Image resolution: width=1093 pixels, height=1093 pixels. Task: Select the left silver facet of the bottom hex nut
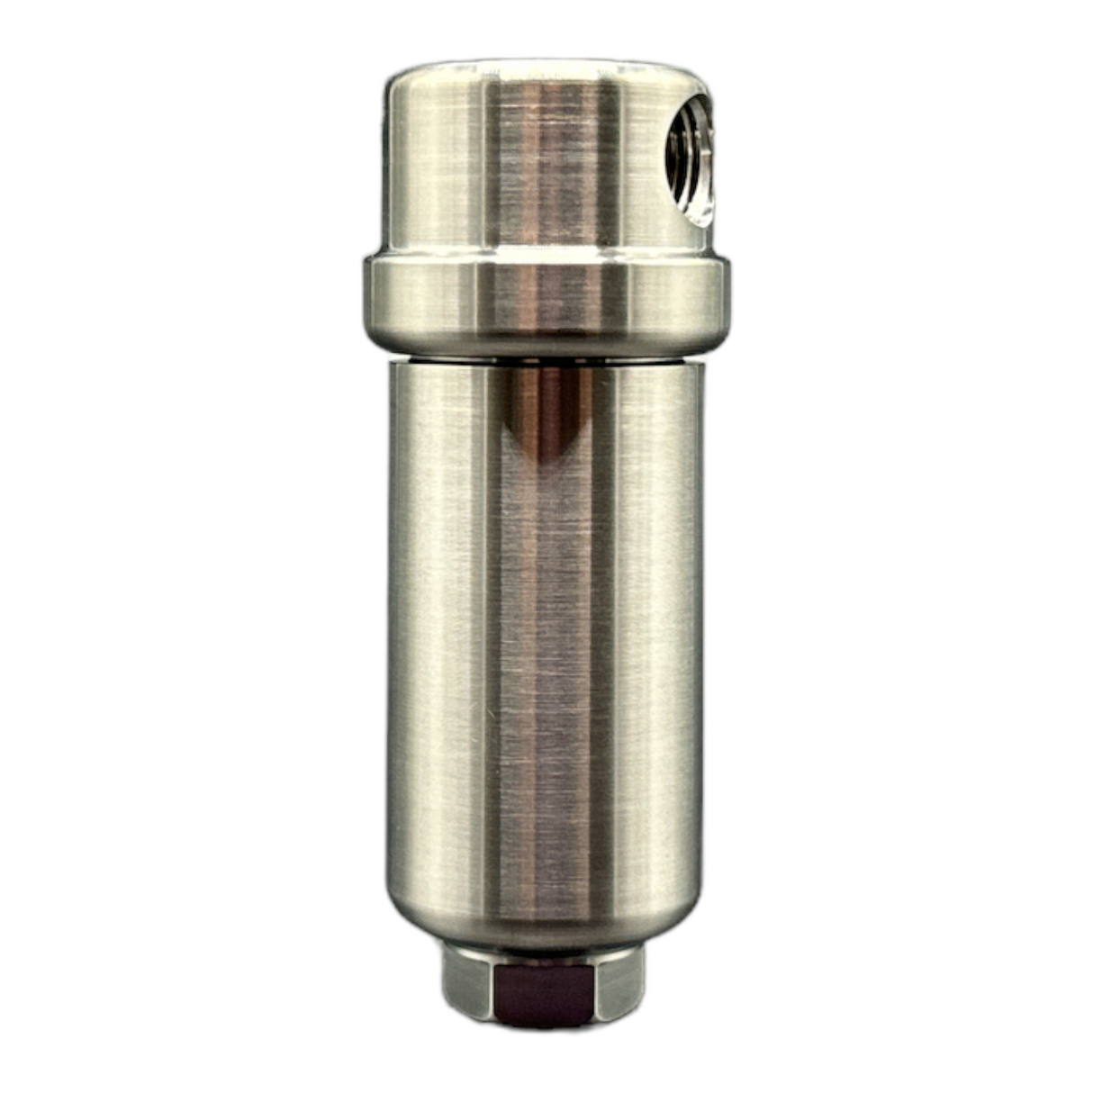click(468, 986)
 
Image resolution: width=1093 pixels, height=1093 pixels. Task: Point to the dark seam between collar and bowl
click(545, 356)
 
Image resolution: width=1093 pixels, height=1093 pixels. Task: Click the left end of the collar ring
click(371, 297)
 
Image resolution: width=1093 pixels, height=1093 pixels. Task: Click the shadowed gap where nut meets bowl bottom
click(544, 951)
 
